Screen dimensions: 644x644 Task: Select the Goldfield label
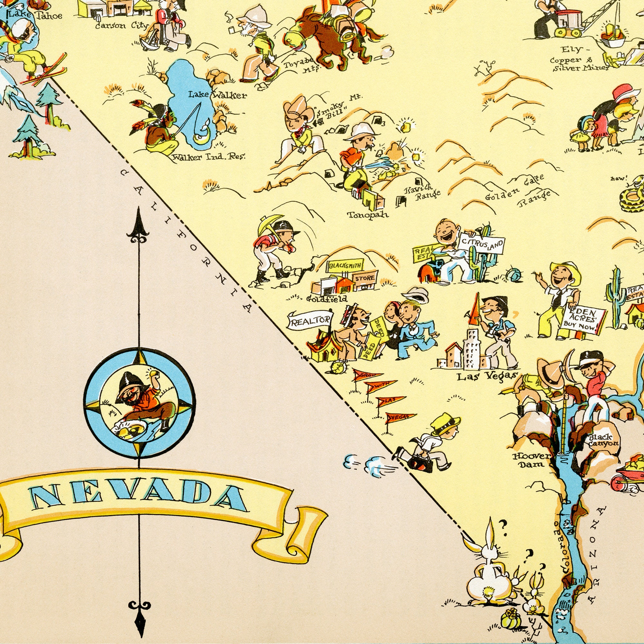click(326, 299)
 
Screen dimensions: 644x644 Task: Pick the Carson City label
click(121, 25)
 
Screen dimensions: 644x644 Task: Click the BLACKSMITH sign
click(345, 265)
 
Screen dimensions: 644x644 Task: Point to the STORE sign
click(365, 278)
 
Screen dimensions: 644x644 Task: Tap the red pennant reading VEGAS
click(400, 417)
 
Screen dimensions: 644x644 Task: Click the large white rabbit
click(488, 567)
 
